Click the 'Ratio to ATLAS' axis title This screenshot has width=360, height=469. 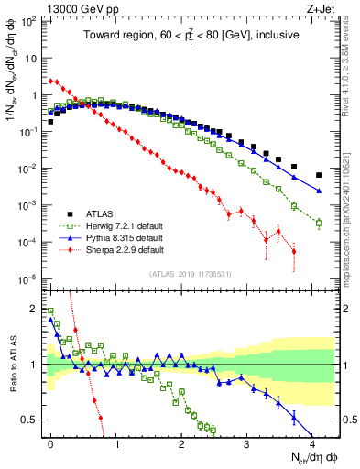tap(12, 366)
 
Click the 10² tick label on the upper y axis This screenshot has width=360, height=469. tap(27, 20)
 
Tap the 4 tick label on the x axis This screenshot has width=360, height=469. tap(311, 444)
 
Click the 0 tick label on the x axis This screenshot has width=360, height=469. tap(50, 444)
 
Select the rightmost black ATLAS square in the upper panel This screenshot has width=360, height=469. tap(319, 175)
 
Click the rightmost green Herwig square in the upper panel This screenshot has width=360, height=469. tap(319, 223)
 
